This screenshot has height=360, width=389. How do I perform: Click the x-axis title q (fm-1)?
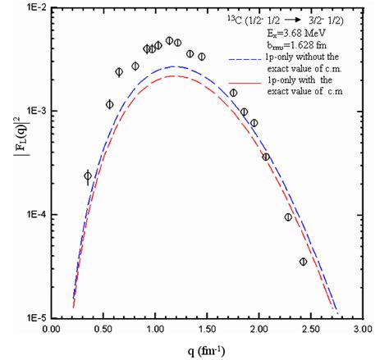tap(206, 350)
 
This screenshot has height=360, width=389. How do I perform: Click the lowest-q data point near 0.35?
tap(88, 175)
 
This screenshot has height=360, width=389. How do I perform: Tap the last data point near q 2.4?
tap(303, 262)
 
